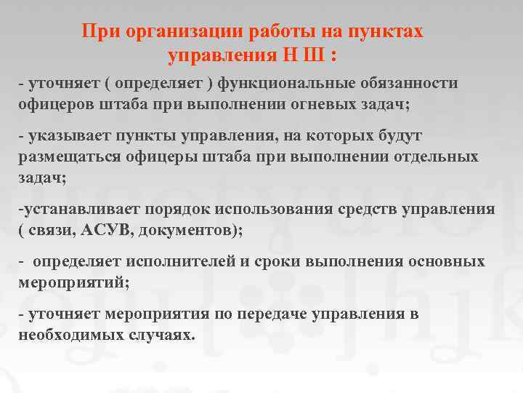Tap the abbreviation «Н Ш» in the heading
tap(305, 55)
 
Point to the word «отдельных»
tap(435, 156)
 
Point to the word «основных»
tap(444, 262)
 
